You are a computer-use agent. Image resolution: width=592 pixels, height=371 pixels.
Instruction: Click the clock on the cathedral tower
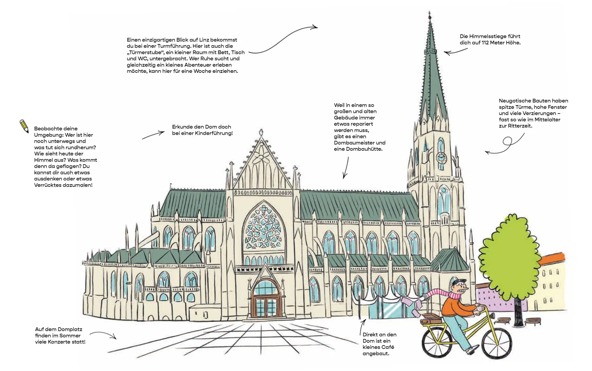441,158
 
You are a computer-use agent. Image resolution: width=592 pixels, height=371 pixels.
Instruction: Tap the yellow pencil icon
24,126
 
